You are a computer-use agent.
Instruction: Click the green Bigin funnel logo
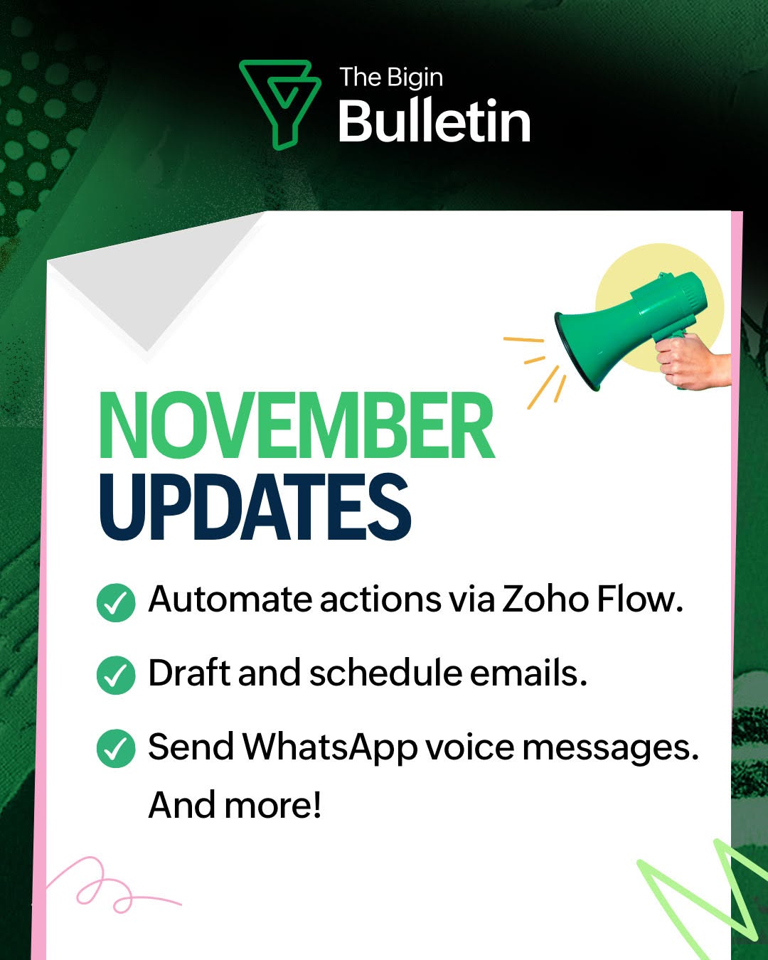(x=279, y=105)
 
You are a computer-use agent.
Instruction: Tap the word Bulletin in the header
(x=434, y=120)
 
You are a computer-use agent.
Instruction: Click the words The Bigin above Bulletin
(x=391, y=78)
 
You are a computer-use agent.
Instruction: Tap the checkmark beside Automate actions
(x=116, y=603)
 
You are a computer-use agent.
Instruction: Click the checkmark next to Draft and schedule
(x=116, y=675)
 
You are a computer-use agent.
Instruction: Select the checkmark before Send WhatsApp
(x=116, y=748)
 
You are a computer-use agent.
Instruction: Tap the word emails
(x=528, y=672)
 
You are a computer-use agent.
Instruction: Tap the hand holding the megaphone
(x=692, y=360)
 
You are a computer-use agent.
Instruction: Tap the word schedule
(x=385, y=672)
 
